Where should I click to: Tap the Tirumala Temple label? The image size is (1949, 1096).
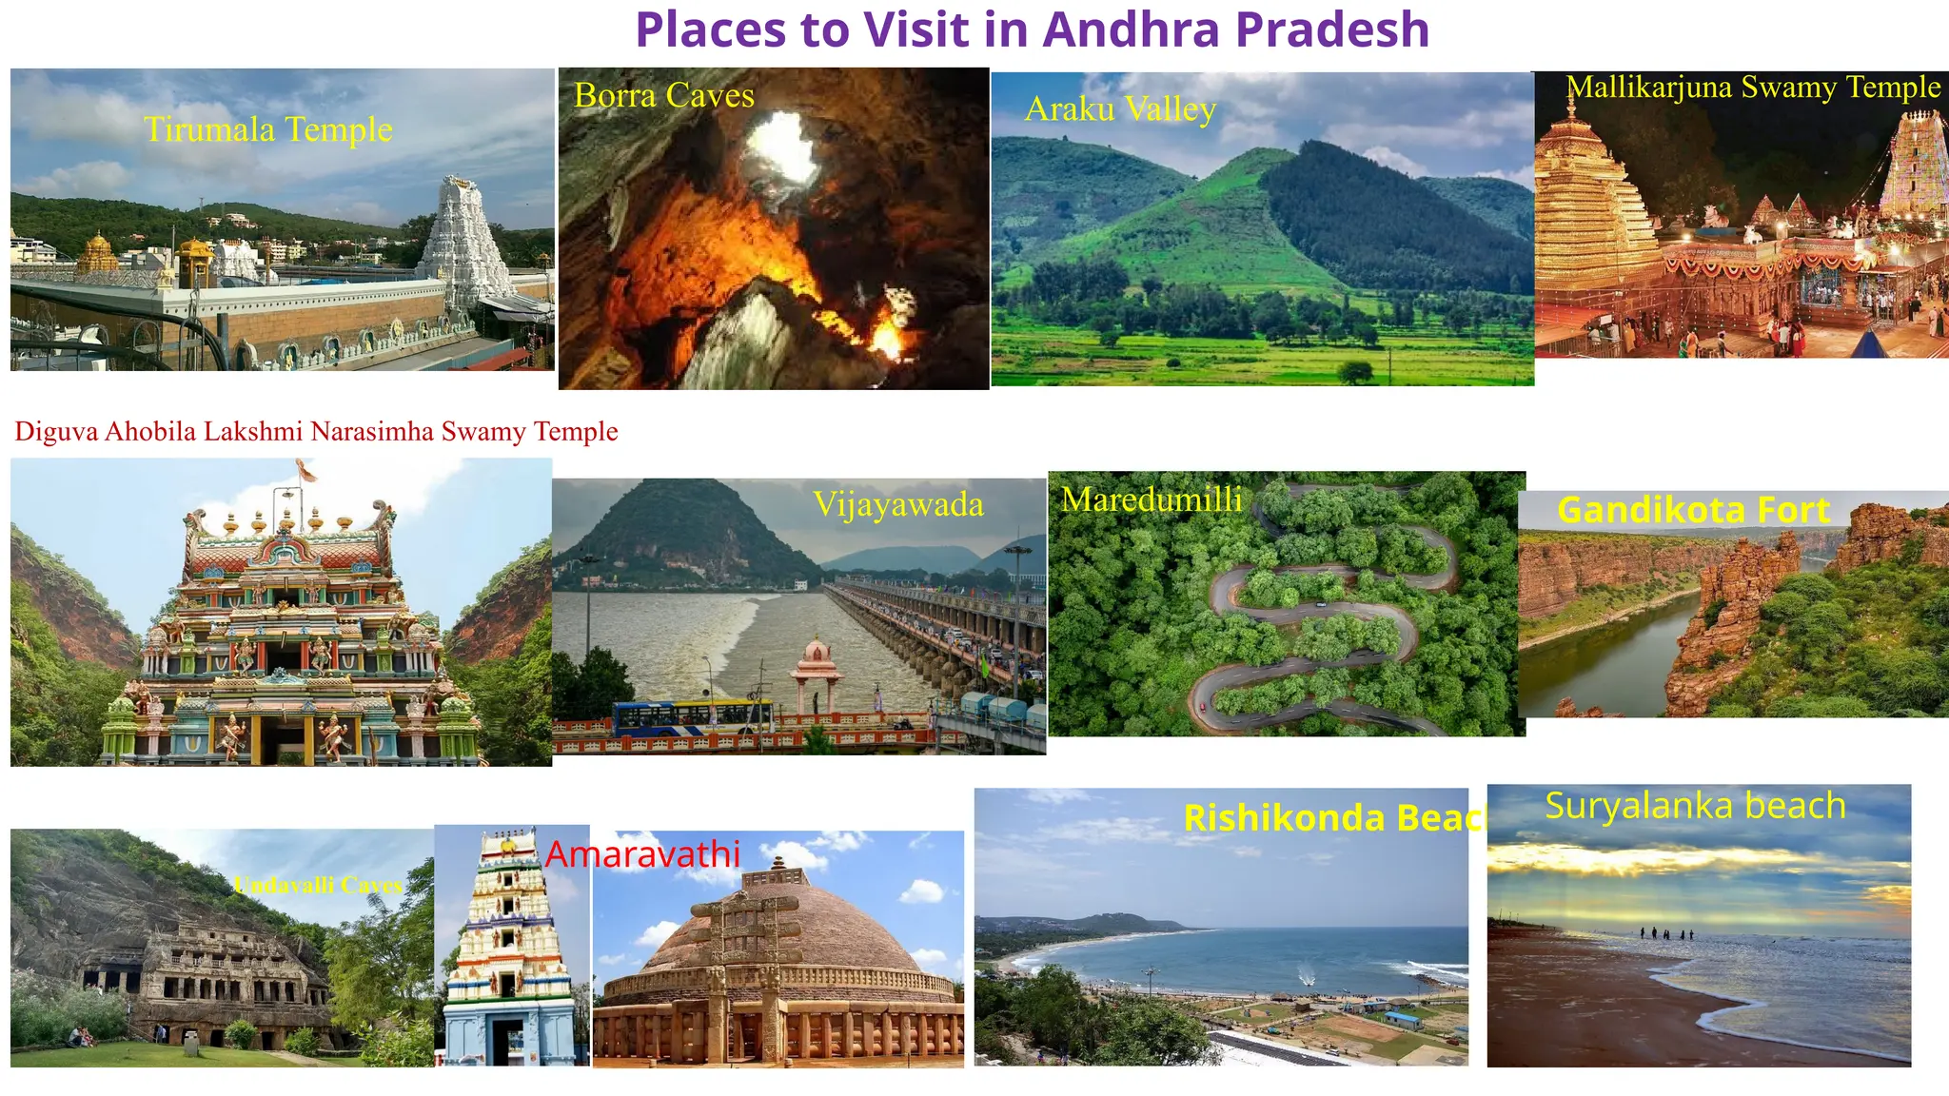pos(267,129)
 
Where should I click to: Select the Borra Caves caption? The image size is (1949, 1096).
pos(663,95)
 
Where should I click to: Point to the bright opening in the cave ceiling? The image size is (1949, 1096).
pos(782,147)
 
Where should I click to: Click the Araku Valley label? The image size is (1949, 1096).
pos(1120,109)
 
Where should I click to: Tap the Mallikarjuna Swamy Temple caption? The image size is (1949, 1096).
pos(1753,88)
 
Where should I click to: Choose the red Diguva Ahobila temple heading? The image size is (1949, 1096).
pos(316,432)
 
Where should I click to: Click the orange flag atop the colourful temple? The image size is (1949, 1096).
pos(305,469)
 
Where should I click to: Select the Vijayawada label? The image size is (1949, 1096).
pos(897,504)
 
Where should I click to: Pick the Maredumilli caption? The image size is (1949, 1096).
pos(1152,499)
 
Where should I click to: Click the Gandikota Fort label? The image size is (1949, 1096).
pos(1693,511)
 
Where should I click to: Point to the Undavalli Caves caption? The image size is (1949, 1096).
pos(318,886)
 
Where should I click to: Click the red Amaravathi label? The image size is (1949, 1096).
pos(642,854)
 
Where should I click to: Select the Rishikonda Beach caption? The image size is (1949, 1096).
pos(1332,818)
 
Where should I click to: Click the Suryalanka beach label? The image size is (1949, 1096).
pos(1695,806)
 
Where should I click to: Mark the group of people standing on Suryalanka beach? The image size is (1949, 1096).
pos(1665,934)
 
